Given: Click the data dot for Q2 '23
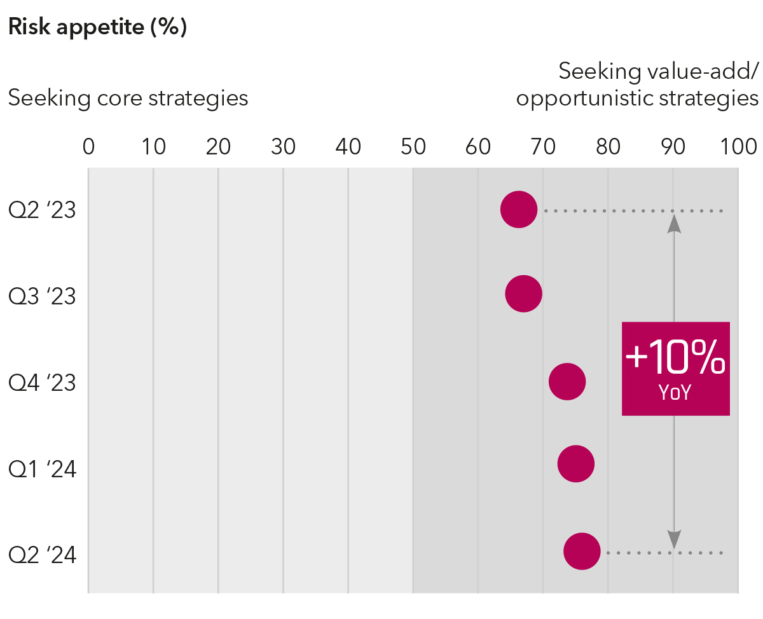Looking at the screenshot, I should click(519, 209).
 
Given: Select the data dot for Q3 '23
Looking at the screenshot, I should click(524, 294).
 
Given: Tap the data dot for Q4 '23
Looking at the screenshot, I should click(567, 382).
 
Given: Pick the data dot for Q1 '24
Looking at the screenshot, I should click(576, 464).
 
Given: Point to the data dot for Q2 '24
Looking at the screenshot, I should click(582, 552).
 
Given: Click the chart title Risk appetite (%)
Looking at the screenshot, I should click(97, 28).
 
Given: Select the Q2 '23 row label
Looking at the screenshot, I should click(42, 210).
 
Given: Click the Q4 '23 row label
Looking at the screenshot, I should click(42, 383).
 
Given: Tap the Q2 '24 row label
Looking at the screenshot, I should click(42, 555).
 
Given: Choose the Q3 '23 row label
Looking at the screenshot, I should click(42, 297).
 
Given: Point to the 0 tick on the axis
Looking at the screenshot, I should click(88, 147).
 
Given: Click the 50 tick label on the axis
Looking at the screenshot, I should click(413, 147).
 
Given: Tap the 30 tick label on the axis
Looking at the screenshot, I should click(283, 147).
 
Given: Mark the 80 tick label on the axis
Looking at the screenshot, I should click(608, 147).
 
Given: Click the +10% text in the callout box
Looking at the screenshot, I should click(675, 359).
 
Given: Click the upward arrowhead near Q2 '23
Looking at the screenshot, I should click(674, 223).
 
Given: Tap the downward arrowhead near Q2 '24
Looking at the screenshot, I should click(674, 540).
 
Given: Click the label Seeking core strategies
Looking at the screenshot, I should click(128, 99).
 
